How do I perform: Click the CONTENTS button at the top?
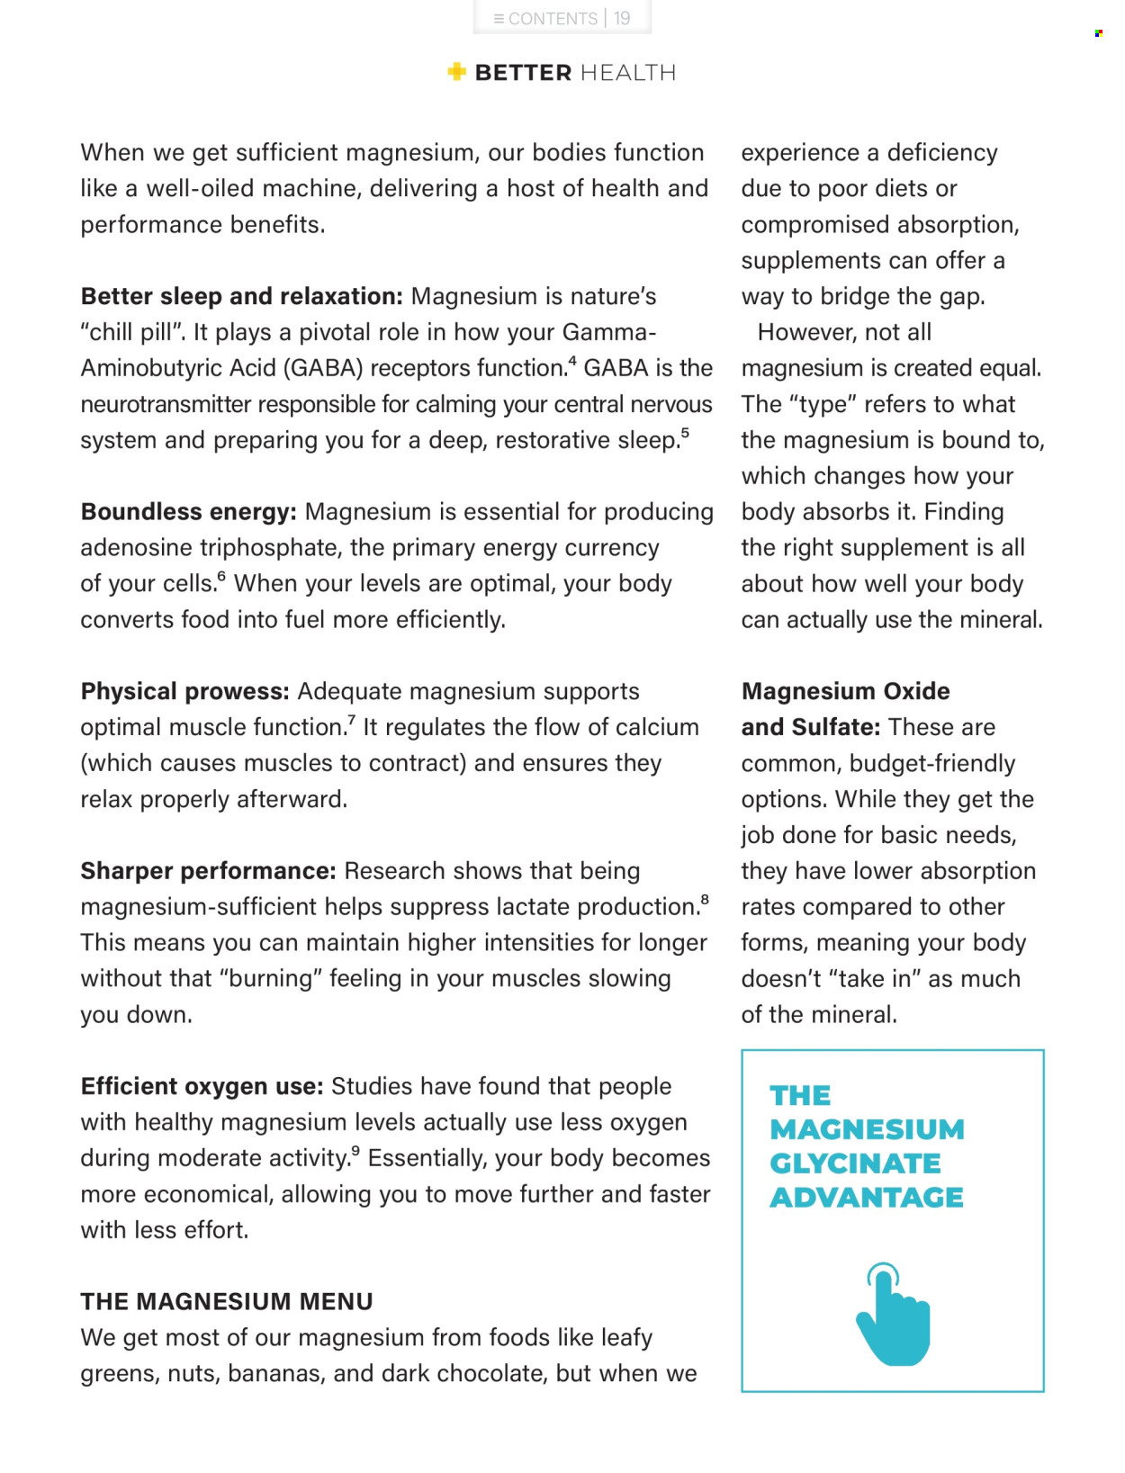(x=545, y=18)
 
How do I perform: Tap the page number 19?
(x=622, y=18)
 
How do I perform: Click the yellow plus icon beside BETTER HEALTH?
(x=457, y=72)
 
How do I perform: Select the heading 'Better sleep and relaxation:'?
(x=241, y=296)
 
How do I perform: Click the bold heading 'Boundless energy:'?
(x=188, y=511)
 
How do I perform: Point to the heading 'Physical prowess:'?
(x=184, y=691)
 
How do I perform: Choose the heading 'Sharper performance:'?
(x=208, y=870)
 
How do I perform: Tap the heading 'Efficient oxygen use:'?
(x=202, y=1086)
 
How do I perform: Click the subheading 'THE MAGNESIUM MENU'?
(x=227, y=1301)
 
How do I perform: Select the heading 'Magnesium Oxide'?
(x=845, y=691)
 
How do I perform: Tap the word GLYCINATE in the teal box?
(x=855, y=1163)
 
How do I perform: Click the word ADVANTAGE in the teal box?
(x=866, y=1198)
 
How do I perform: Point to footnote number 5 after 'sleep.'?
(x=685, y=433)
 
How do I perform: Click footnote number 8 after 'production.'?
(x=704, y=899)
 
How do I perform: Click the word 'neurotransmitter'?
(x=166, y=404)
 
